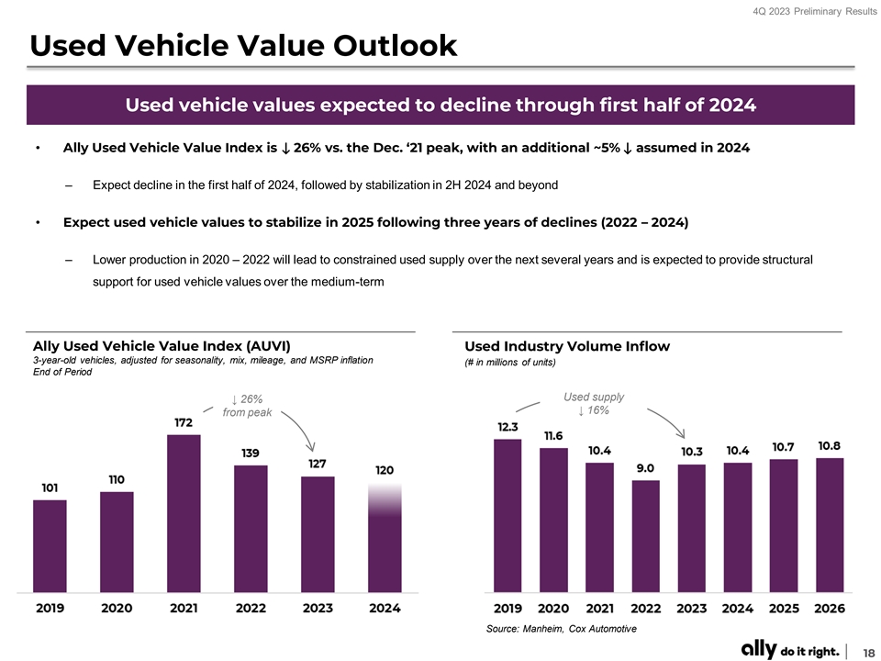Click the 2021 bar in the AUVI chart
184,514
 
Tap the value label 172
184,422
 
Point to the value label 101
50,487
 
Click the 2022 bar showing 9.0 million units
645,536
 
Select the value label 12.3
507,427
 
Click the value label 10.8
830,445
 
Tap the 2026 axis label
830,608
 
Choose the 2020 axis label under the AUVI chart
117,608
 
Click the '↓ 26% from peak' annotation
248,406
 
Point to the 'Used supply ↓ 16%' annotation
594,403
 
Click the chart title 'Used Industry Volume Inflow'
567,346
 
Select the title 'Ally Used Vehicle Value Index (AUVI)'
162,346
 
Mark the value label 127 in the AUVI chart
318,464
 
